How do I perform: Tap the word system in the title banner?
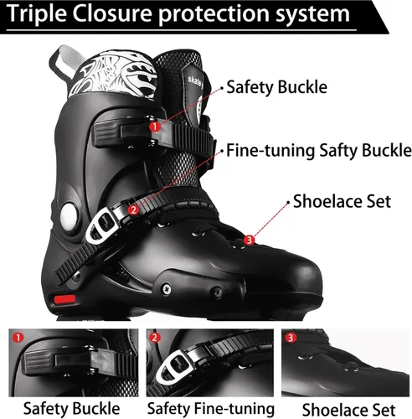[x=312, y=14]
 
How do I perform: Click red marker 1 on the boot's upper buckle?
[x=155, y=127]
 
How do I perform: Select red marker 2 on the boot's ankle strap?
[x=133, y=209]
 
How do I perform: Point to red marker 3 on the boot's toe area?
[x=249, y=240]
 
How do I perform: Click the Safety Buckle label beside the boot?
[x=276, y=87]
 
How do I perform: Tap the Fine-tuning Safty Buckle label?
[x=319, y=151]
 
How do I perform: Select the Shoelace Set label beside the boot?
[x=342, y=201]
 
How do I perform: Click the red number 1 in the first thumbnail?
[x=18, y=338]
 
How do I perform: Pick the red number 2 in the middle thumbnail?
[x=155, y=338]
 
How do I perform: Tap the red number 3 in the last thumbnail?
[x=291, y=338]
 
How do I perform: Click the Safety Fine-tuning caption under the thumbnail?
[x=211, y=409]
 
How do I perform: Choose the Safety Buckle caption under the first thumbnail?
[x=72, y=409]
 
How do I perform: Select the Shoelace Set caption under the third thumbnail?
[x=348, y=410]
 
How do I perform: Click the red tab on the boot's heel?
[x=64, y=300]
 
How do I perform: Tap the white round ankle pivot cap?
[x=69, y=216]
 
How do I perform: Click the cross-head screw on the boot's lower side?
[x=167, y=289]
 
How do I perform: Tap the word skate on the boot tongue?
[x=194, y=80]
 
